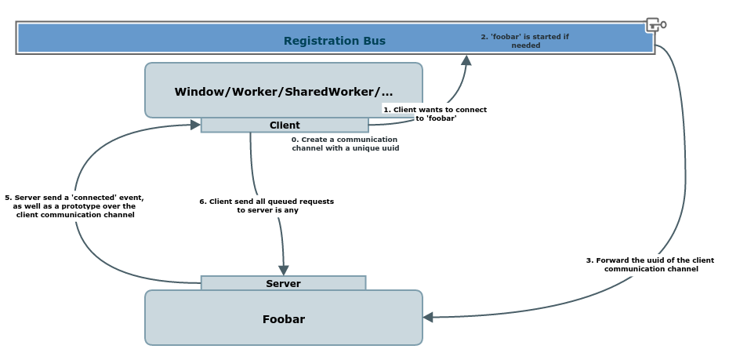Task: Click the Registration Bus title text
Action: [335, 41]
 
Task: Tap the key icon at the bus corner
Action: [655, 25]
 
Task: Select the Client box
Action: [285, 125]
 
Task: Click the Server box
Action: [283, 283]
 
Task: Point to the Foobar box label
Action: [284, 319]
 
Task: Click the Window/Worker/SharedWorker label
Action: [284, 92]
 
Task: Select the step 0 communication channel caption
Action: [345, 144]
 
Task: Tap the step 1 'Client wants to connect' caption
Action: [435, 114]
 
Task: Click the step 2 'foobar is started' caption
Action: [525, 41]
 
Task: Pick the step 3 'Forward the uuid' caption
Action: [650, 264]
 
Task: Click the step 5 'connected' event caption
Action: [74, 206]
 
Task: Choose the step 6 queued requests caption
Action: [267, 205]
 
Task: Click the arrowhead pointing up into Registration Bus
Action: [466, 60]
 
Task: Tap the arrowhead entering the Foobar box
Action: [428, 317]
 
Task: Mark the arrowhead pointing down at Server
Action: [284, 271]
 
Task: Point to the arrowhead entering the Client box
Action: [195, 125]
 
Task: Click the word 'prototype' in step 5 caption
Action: [88, 206]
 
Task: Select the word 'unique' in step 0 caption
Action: [367, 148]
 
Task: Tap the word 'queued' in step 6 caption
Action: [274, 202]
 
